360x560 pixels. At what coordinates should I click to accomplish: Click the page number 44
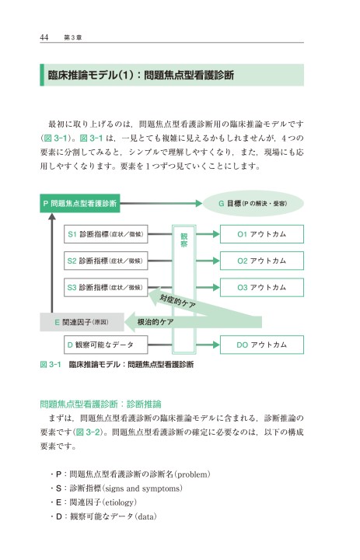[44, 37]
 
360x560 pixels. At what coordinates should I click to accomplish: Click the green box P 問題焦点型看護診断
[80, 203]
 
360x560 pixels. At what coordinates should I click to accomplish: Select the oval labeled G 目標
[253, 203]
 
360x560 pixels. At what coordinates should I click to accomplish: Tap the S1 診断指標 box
[106, 234]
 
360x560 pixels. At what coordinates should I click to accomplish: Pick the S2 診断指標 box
[106, 261]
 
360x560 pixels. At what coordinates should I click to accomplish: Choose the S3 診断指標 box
[106, 288]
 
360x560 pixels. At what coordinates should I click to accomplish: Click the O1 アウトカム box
[262, 234]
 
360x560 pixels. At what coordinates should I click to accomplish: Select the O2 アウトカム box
[262, 261]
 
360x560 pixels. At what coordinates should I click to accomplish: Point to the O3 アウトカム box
[262, 288]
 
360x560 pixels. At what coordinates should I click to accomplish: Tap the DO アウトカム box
[262, 345]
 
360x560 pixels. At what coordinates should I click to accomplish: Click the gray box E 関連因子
[82, 322]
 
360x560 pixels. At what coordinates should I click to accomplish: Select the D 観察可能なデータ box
[106, 345]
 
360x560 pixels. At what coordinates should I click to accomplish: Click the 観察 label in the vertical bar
[184, 240]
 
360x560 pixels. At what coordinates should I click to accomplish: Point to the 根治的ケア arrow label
[156, 322]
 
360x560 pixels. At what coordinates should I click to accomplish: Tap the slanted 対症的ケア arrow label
[177, 301]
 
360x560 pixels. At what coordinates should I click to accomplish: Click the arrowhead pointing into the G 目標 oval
[199, 203]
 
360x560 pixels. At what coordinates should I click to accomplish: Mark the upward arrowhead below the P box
[52, 216]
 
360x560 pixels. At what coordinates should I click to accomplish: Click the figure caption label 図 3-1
[51, 364]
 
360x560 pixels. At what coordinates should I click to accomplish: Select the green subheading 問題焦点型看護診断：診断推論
[101, 404]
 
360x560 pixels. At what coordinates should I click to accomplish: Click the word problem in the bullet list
[192, 474]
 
